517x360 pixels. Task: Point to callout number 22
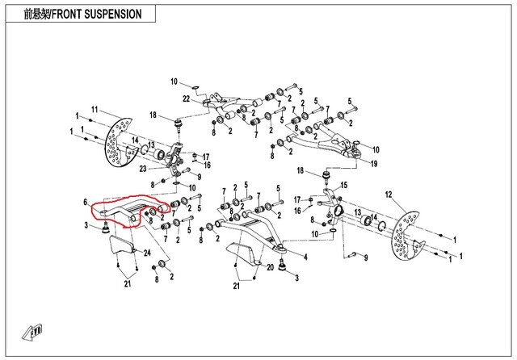tap(186, 99)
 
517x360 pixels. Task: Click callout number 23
tap(142, 169)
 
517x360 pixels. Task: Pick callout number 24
tap(148, 253)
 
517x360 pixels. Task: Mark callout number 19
tap(373, 164)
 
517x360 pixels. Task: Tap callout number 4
tap(306, 257)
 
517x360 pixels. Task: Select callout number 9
tap(365, 257)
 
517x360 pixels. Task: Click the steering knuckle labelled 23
tap(174, 157)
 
